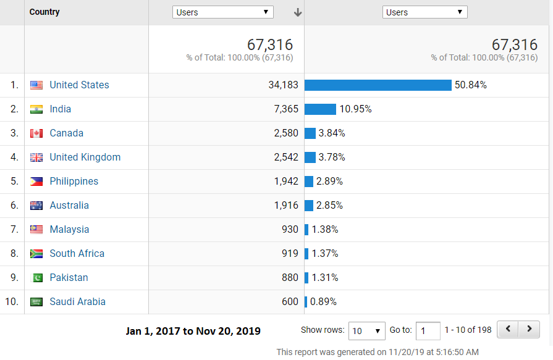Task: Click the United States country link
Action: tap(79, 85)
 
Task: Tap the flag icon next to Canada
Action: tap(36, 133)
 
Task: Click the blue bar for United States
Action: tap(378, 85)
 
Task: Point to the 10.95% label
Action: tap(355, 109)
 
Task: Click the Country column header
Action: tap(44, 12)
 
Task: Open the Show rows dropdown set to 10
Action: tap(367, 331)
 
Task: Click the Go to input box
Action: tap(428, 331)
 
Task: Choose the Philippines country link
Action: tap(74, 182)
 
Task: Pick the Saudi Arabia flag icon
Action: tap(36, 302)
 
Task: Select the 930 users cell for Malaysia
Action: tap(290, 230)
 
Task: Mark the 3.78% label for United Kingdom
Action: tap(332, 157)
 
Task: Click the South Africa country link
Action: tap(77, 254)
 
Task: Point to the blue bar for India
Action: tap(320, 109)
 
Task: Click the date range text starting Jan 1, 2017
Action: tap(193, 331)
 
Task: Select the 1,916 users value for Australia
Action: tap(284, 206)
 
